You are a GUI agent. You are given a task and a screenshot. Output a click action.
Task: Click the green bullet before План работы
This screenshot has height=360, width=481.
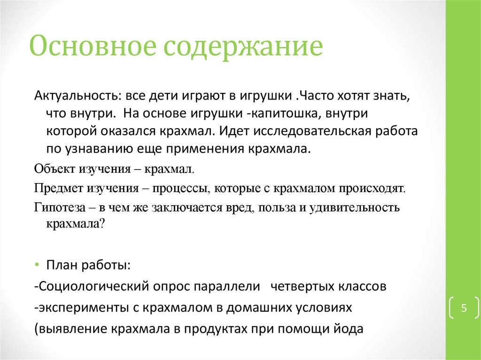pyautogui.click(x=37, y=265)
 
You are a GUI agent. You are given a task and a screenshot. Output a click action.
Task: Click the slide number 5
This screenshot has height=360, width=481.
pyautogui.click(x=464, y=308)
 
